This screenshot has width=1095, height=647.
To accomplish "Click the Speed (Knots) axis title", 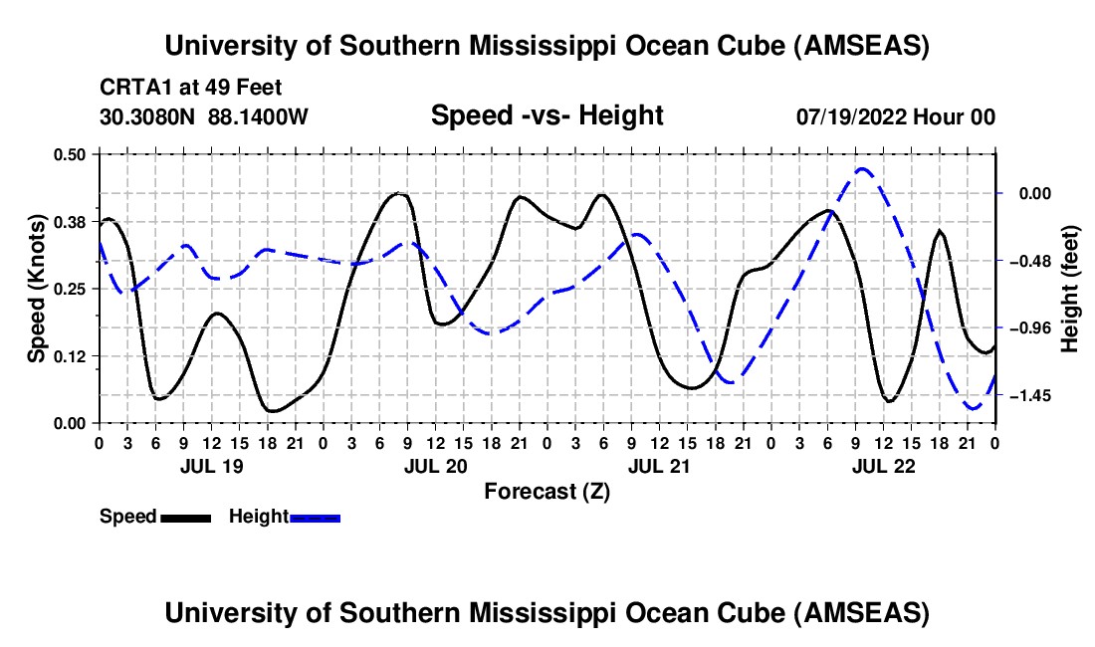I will click(36, 288).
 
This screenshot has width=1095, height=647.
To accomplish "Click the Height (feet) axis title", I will click(1070, 288).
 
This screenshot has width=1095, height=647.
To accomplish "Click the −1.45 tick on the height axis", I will click(1031, 396).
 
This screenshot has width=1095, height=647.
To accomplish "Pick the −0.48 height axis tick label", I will click(1031, 261).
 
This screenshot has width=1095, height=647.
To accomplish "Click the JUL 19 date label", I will click(211, 466).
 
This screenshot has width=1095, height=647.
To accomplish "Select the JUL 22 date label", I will click(884, 466).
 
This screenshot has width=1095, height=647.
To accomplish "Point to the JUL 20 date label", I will click(436, 466).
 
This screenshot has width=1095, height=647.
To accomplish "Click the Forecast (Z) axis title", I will click(547, 491).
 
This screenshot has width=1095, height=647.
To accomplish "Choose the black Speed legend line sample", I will click(185, 518).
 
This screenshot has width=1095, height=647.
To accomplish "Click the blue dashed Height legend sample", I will click(316, 518).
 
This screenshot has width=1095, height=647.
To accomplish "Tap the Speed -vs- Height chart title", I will click(547, 116).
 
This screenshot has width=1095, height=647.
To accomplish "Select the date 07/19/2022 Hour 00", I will click(896, 117).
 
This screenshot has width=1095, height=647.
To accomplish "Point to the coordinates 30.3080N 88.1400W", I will click(204, 117).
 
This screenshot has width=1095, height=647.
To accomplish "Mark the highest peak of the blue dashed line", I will click(862, 169).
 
